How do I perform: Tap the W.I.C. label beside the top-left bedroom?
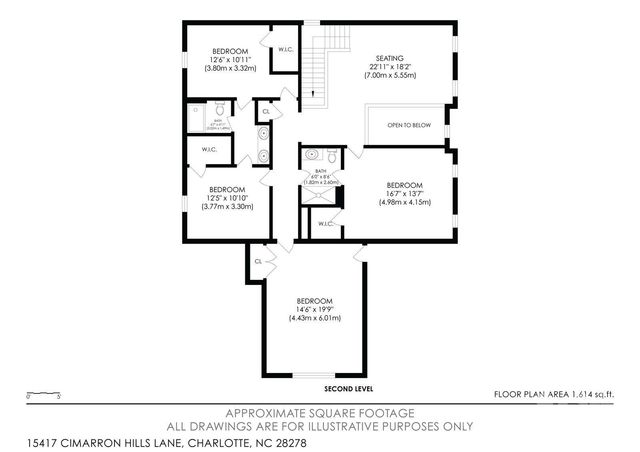285,49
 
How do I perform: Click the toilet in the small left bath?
220,108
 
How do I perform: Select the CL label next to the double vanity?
265,112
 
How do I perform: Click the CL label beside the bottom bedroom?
258,261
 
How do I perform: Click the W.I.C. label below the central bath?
326,224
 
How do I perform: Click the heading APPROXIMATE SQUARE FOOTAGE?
320,412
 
